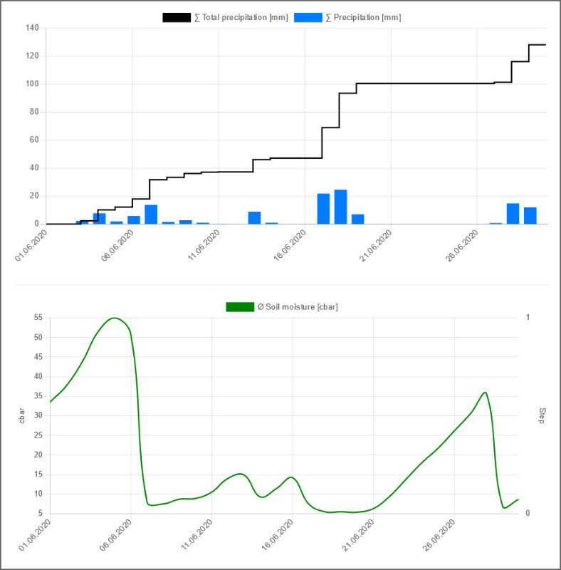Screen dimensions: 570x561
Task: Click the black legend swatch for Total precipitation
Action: [x=177, y=17]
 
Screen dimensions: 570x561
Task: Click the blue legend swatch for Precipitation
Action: [x=308, y=17]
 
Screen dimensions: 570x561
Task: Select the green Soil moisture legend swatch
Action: [x=239, y=306]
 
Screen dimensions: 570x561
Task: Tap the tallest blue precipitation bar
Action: [x=340, y=207]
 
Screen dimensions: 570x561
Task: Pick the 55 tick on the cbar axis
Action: [x=37, y=318]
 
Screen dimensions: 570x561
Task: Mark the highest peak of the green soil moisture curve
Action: [x=114, y=318]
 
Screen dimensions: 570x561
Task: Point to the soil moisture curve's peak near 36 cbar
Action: [x=485, y=392]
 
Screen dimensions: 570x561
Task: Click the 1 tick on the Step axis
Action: [x=528, y=318]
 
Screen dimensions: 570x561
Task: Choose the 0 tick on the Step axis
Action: [x=528, y=513]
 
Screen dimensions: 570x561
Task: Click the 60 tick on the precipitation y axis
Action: [x=33, y=140]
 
